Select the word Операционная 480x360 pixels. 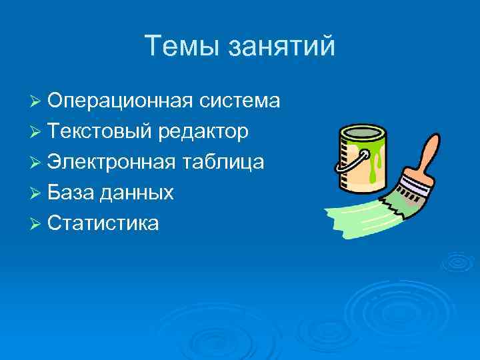(119, 102)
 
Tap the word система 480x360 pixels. (239, 101)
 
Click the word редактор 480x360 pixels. (204, 133)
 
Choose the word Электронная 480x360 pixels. (112, 162)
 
